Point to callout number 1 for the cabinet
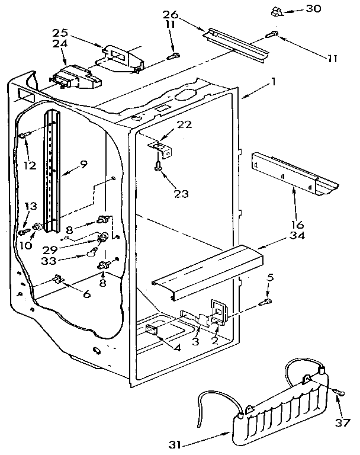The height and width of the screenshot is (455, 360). pos(272,82)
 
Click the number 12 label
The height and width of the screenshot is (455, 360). pos(30,165)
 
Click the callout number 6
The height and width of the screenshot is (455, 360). pos(87,293)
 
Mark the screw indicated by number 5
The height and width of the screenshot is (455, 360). pos(267,303)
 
